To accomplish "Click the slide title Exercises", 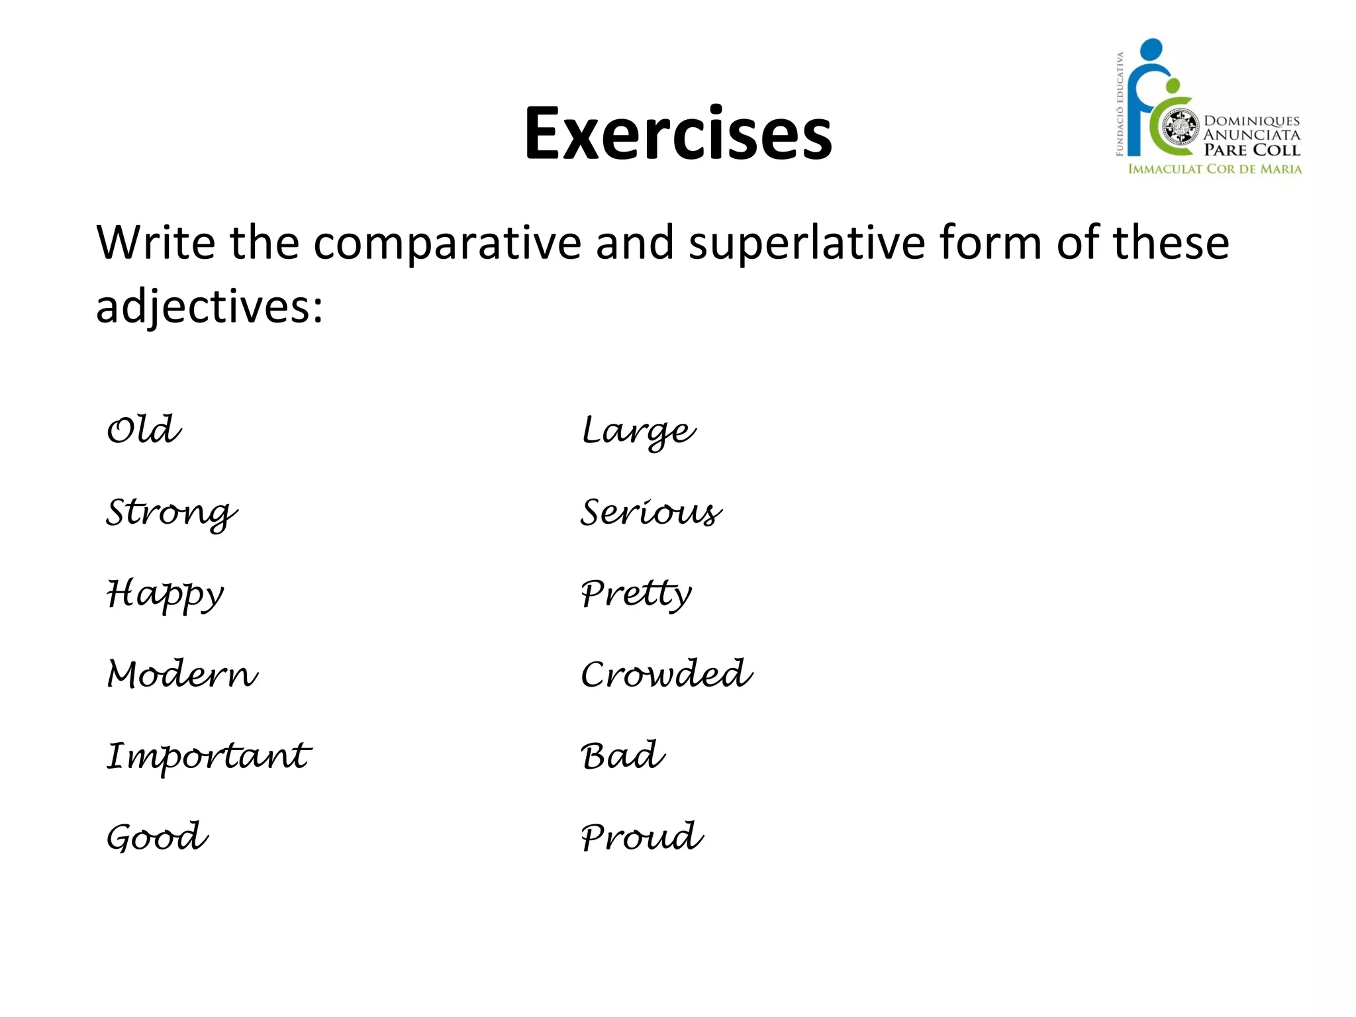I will pyautogui.click(x=678, y=134).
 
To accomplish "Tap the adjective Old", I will pyautogui.click(x=144, y=430).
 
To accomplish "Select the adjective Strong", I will pyautogui.click(x=171, y=512).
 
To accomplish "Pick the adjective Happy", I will pyautogui.click(x=166, y=594).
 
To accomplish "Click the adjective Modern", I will pyautogui.click(x=183, y=675).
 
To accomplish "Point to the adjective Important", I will pyautogui.click(x=209, y=756).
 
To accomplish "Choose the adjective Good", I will pyautogui.click(x=158, y=837).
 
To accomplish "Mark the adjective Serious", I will pyautogui.click(x=652, y=512).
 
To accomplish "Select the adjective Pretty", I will pyautogui.click(x=636, y=594).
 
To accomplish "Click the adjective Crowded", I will pyautogui.click(x=667, y=675).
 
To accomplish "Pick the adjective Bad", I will pyautogui.click(x=623, y=756).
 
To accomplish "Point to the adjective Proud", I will pyautogui.click(x=642, y=837).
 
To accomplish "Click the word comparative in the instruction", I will pyautogui.click(x=448, y=244).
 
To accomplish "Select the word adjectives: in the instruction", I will pyautogui.click(x=210, y=307).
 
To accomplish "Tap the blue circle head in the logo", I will pyautogui.click(x=1151, y=50).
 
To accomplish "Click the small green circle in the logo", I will pyautogui.click(x=1173, y=86).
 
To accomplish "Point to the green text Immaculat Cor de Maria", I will pyautogui.click(x=1214, y=169).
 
